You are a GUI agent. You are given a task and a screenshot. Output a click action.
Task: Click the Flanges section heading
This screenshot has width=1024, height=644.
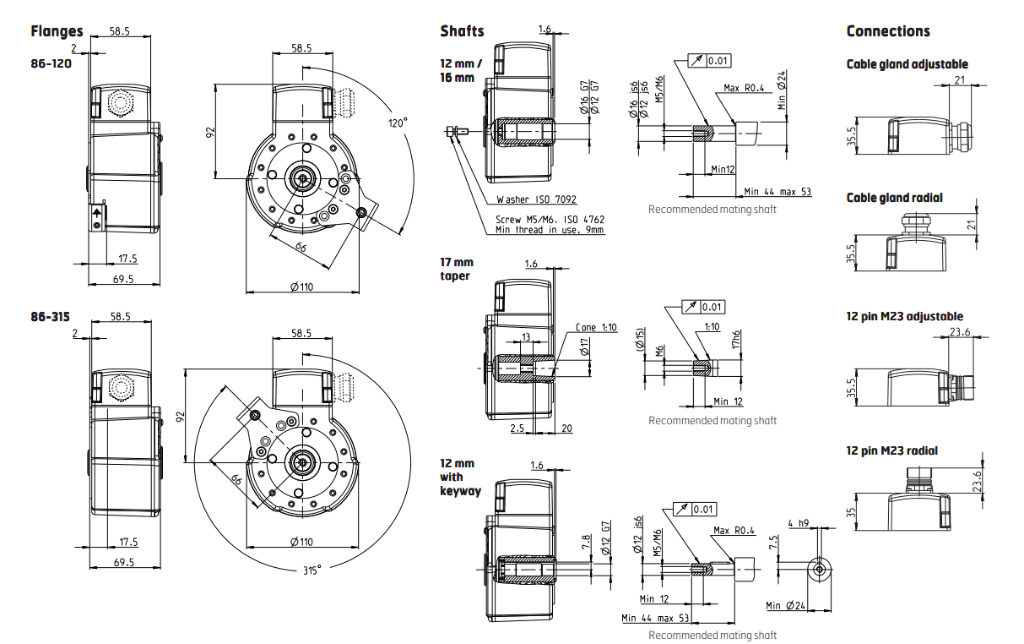[x=57, y=32]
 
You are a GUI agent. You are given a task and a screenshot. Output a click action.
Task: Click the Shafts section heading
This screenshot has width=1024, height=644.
[x=462, y=31]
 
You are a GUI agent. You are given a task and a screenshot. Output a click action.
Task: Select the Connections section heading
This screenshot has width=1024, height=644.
[x=888, y=31]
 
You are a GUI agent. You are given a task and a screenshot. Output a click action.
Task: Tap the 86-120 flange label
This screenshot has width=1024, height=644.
[x=50, y=63]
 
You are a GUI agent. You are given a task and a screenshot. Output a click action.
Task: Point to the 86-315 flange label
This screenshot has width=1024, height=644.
[x=50, y=317]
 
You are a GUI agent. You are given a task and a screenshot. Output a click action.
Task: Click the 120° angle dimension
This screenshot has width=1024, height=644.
[x=397, y=123]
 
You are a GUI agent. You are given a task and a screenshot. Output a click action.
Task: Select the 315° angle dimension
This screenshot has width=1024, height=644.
[x=312, y=570]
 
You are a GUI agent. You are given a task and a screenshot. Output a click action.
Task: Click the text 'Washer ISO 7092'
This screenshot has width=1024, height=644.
[x=535, y=200]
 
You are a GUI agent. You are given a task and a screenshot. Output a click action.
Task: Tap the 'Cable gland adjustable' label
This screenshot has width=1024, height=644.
[x=907, y=64]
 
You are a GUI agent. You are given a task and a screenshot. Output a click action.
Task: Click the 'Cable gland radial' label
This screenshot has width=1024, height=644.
[x=894, y=198]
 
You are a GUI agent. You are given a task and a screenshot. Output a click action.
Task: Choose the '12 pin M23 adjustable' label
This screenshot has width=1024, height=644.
[x=904, y=316]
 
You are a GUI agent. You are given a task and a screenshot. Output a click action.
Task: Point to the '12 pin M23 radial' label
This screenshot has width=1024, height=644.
[x=891, y=450]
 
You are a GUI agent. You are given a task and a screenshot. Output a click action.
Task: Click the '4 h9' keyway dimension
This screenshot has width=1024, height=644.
[x=798, y=523]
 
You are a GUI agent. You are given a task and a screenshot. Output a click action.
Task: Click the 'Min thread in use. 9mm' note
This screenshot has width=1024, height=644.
[x=549, y=229]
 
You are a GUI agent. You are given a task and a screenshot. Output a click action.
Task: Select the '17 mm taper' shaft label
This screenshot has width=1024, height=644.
[x=457, y=269]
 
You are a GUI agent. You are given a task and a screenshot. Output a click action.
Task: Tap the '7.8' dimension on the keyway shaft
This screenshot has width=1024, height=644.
[x=587, y=543]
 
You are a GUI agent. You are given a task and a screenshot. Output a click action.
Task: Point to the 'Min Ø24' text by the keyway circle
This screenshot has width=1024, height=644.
[x=783, y=605]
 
